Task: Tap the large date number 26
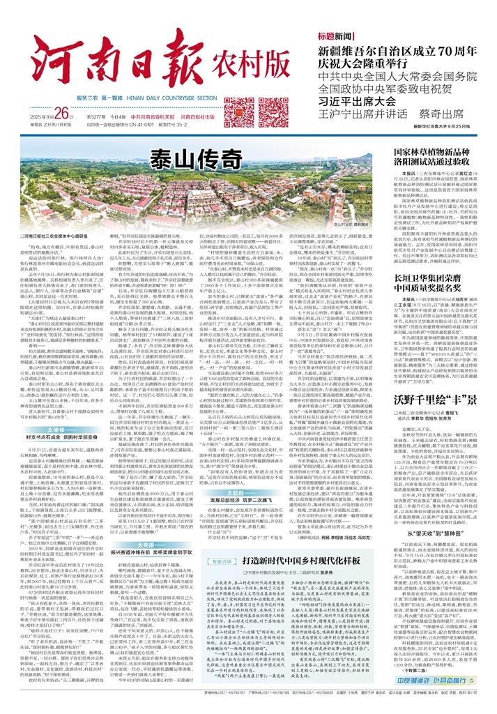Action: [x=63, y=93]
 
